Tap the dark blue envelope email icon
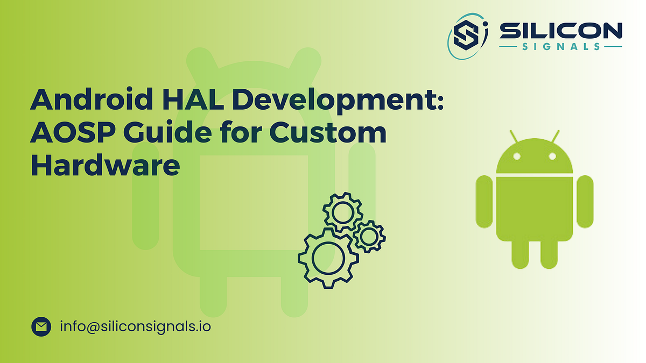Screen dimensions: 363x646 41,326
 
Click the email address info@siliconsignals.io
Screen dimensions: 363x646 135,326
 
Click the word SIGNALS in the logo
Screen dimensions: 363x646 560,47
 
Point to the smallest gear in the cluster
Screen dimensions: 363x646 369,236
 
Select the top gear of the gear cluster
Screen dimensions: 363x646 342,212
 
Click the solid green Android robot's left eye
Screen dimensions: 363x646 516,156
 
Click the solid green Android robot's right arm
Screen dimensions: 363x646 585,201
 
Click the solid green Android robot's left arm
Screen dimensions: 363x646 484,201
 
